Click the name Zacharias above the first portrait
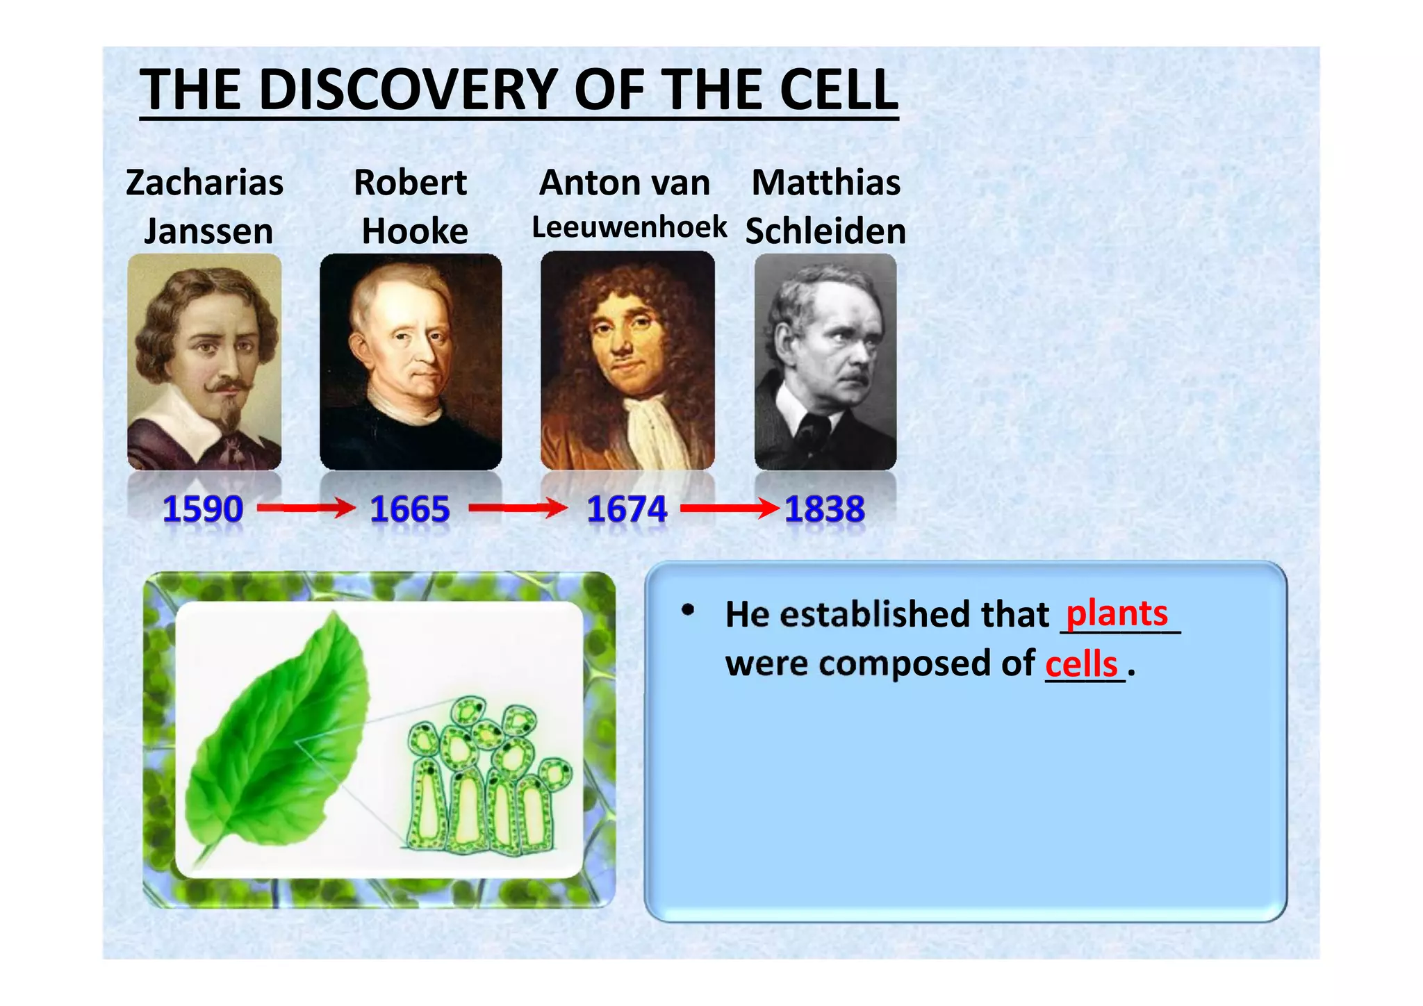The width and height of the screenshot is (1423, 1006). [x=204, y=183]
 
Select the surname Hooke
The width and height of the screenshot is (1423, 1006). [x=415, y=231]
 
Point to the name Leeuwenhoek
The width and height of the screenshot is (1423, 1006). [x=629, y=227]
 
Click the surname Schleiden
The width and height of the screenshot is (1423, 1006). [x=825, y=231]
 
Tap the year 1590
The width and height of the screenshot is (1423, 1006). [x=202, y=509]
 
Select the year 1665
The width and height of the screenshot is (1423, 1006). [x=410, y=509]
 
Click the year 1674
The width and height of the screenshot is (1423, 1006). [x=627, y=509]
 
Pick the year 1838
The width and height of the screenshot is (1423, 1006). [x=825, y=509]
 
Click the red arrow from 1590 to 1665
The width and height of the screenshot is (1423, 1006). [x=306, y=509]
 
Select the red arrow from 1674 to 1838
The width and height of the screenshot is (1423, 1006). [x=730, y=509]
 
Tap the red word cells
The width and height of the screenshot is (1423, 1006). [x=1082, y=664]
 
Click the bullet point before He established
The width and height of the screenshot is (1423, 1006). [x=688, y=611]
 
